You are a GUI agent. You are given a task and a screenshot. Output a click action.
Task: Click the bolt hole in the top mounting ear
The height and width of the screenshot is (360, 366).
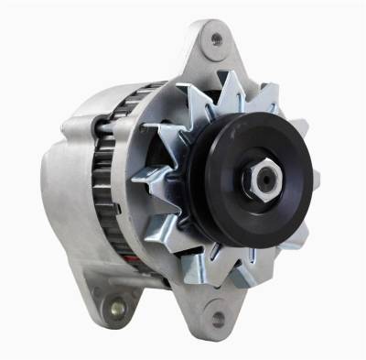tap(216, 40)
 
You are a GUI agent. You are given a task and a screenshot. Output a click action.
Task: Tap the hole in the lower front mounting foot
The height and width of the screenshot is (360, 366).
tap(218, 320)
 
